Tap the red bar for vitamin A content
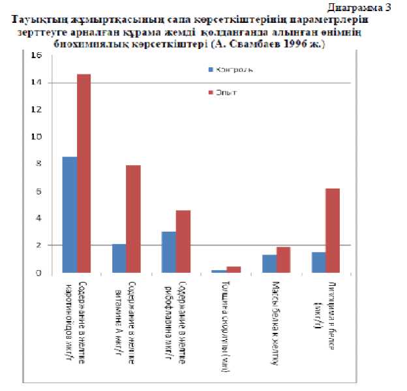[x=133, y=219]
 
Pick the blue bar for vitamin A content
[x=119, y=258]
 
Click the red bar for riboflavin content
[x=183, y=241]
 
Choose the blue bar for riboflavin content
[x=168, y=252]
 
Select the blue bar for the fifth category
[x=268, y=264]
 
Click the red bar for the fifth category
[x=282, y=260]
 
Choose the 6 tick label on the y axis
[x=38, y=191]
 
